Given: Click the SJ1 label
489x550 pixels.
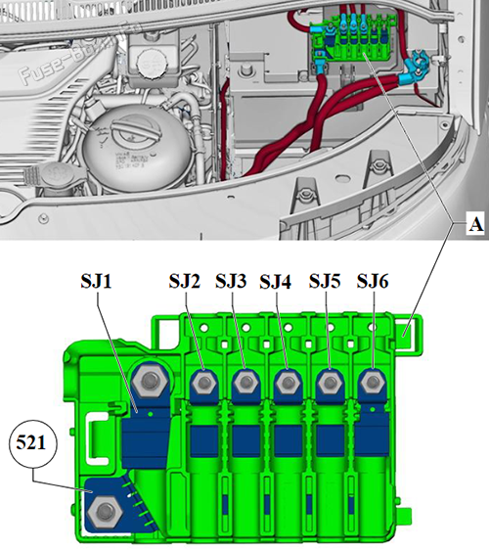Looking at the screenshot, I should coord(100,281).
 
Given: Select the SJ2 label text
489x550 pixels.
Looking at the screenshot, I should coord(183,281).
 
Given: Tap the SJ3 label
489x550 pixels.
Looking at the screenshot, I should coord(231,281).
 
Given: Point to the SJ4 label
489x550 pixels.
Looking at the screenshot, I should coord(277,281).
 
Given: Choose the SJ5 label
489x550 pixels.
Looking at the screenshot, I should coord(326,281).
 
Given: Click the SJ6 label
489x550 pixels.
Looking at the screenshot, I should coord(374,281).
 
